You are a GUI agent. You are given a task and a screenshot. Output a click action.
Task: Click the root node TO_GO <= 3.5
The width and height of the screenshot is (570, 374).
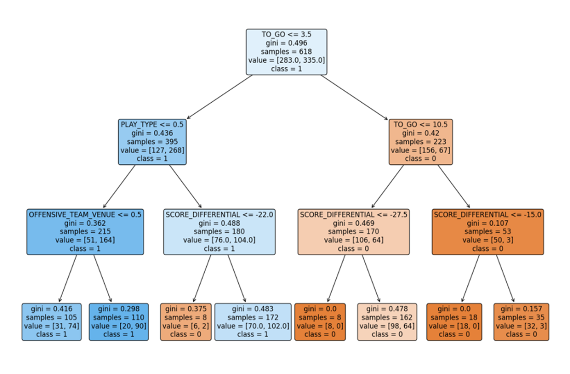point(287,52)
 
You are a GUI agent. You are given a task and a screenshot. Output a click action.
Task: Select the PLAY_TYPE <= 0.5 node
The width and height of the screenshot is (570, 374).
point(152,142)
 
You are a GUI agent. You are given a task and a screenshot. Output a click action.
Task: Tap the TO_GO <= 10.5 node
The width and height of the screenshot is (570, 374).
point(421,142)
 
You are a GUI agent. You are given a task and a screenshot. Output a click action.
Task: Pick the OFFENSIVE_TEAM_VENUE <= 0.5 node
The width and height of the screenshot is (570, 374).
point(85,232)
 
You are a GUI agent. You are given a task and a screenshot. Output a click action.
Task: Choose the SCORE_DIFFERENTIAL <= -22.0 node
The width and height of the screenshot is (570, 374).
point(219,232)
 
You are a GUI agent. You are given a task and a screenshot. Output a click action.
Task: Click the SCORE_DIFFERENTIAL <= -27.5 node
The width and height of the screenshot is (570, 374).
point(354,232)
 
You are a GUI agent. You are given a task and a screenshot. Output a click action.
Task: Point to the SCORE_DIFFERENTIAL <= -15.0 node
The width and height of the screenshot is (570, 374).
point(488,232)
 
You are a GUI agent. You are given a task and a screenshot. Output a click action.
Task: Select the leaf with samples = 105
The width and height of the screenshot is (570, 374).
point(52,322)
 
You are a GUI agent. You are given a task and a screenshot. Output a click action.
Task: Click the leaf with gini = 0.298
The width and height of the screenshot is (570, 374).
point(119,322)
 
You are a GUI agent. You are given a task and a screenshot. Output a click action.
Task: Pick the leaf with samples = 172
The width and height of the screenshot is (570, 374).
point(253,322)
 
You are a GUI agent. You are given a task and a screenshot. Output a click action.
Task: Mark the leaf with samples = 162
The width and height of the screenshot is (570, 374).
point(387,322)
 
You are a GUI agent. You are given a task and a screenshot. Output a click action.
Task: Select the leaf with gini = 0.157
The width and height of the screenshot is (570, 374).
point(521,322)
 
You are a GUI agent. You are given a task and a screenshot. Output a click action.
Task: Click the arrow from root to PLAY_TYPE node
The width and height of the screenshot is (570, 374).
point(220,97)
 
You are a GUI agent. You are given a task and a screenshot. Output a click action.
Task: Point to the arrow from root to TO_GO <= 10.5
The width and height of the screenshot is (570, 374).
point(354,97)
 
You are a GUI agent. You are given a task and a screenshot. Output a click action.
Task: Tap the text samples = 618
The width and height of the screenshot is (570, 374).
point(287,52)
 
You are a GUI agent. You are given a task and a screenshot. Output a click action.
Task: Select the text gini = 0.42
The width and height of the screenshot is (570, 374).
point(421,133)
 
